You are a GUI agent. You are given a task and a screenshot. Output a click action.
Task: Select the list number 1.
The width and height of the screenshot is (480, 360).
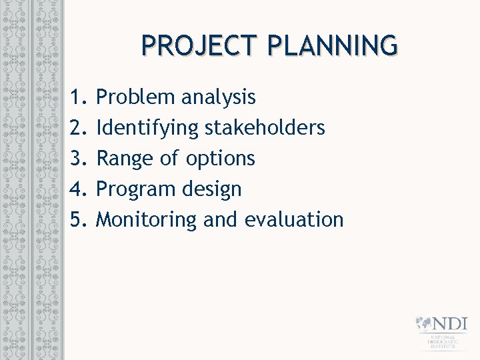[78, 97]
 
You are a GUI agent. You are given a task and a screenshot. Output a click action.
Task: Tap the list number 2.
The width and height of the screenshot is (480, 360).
[78, 127]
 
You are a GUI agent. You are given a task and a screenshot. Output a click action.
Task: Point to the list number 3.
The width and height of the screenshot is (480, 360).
[78, 158]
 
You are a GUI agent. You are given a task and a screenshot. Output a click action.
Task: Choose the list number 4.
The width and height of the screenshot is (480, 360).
[78, 189]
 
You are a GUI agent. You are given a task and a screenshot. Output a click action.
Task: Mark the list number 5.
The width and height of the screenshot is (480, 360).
[78, 219]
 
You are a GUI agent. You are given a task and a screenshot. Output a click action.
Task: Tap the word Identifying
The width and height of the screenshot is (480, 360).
[147, 129]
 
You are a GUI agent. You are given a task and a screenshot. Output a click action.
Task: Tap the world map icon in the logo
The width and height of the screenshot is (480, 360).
[424, 324]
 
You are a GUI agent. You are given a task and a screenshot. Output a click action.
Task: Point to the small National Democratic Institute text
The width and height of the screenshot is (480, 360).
[443, 343]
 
